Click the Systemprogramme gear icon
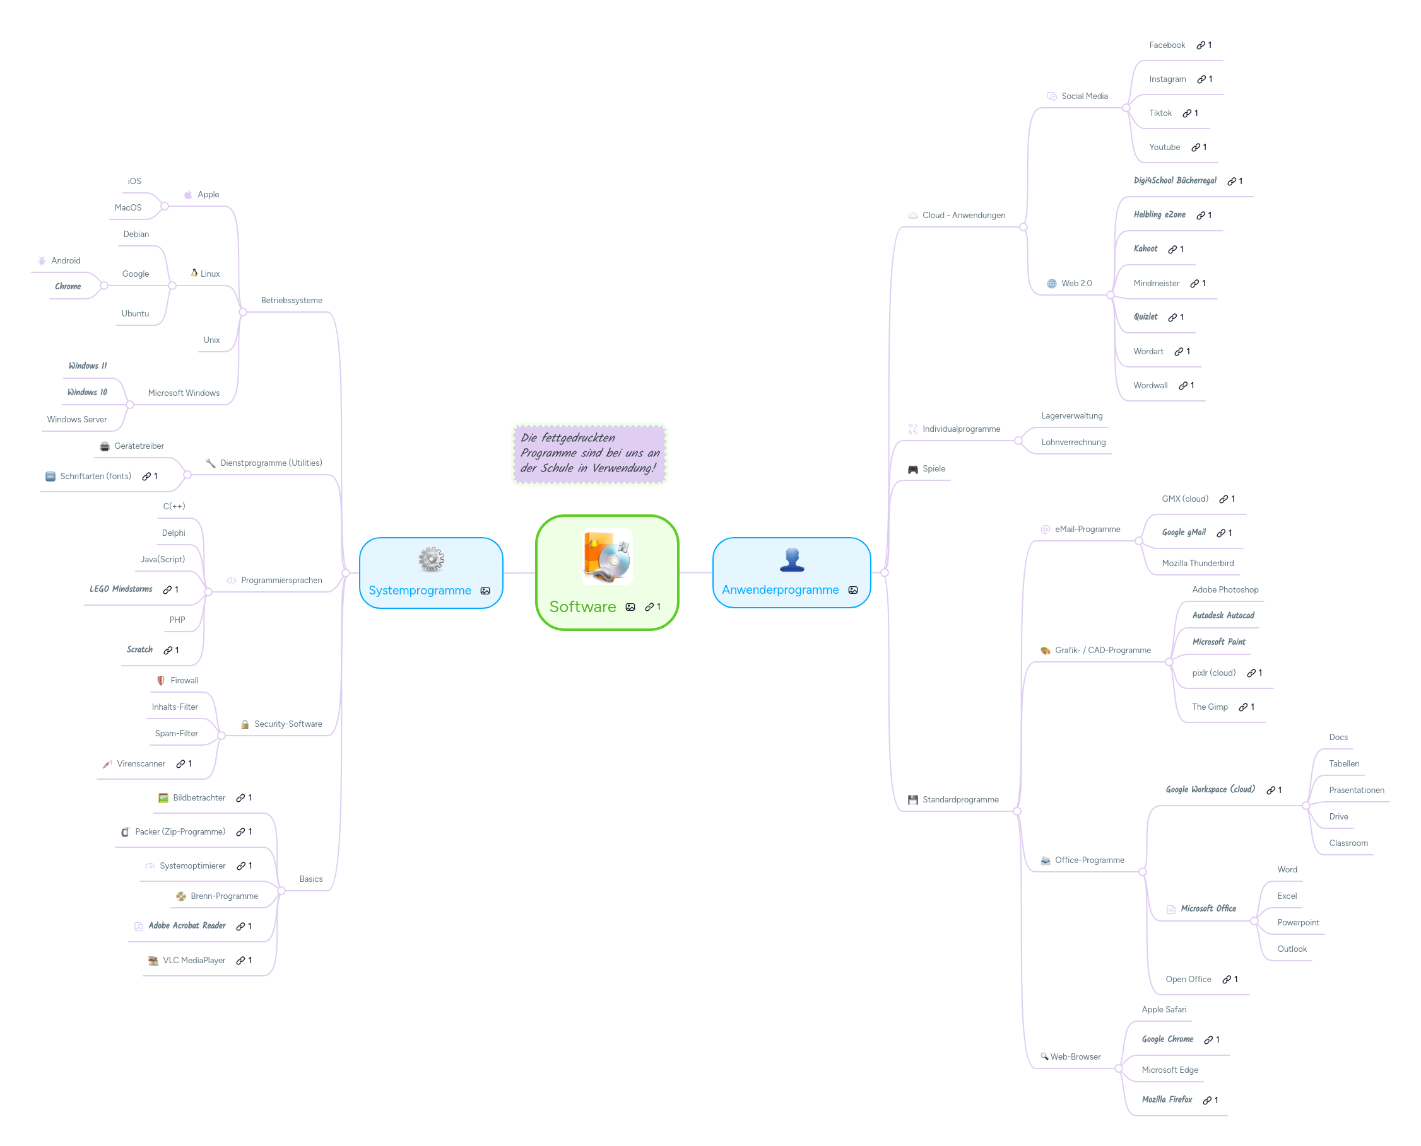pyautogui.click(x=431, y=559)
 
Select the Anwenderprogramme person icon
pyautogui.click(x=791, y=560)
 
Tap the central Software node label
pyautogui.click(x=582, y=606)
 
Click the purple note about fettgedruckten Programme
pyautogui.click(x=589, y=453)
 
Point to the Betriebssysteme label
pyautogui.click(x=292, y=300)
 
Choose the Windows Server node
pyautogui.click(x=76, y=419)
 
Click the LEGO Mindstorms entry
pyautogui.click(x=121, y=589)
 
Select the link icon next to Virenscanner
pyautogui.click(x=180, y=764)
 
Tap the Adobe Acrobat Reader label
pyautogui.click(x=187, y=925)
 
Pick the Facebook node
pyautogui.click(x=1167, y=45)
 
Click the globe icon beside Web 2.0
pyautogui.click(x=1051, y=283)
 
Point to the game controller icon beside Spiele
pyautogui.click(x=912, y=469)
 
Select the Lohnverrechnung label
pyautogui.click(x=1073, y=443)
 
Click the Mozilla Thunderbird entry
pyautogui.click(x=1197, y=563)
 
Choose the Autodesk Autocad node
pyautogui.click(x=1223, y=615)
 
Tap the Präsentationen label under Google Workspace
pyautogui.click(x=1355, y=790)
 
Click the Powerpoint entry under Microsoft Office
pyautogui.click(x=1297, y=922)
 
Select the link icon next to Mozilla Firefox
pyautogui.click(x=1206, y=1101)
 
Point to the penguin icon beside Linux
pyautogui.click(x=194, y=273)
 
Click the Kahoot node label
pyautogui.click(x=1145, y=249)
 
